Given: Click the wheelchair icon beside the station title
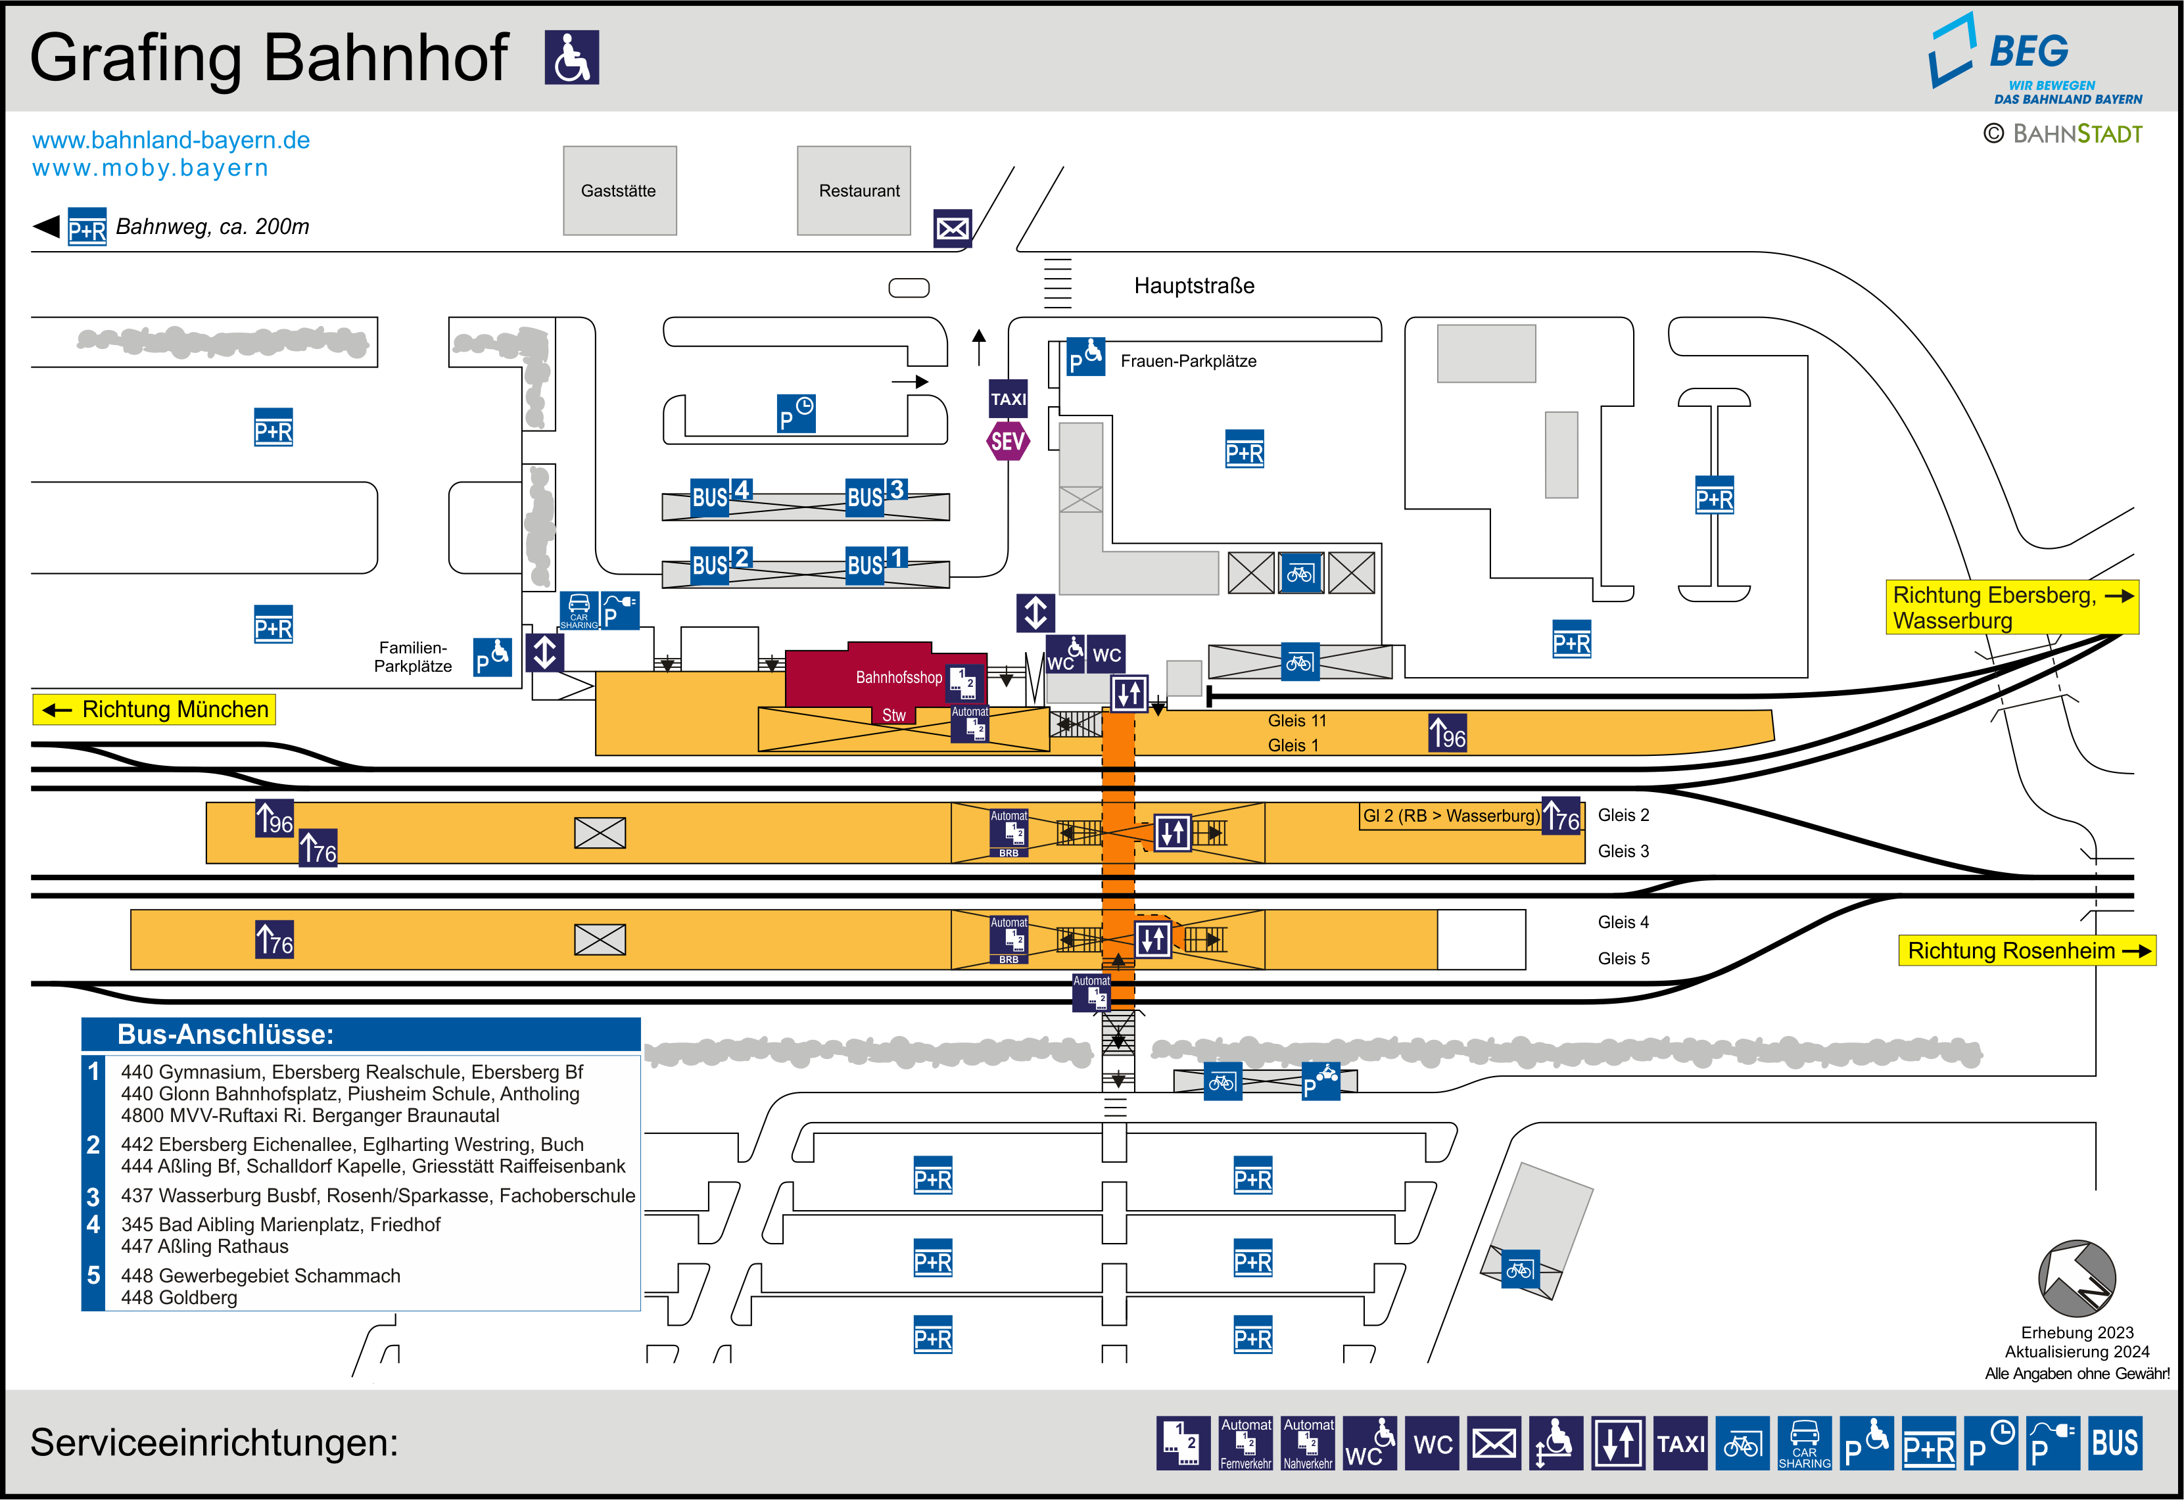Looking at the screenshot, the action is coord(571,57).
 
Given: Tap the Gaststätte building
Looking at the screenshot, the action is coord(619,190).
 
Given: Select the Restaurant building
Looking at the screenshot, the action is coord(853,190).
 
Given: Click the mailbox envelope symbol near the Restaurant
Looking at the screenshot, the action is coord(952,228).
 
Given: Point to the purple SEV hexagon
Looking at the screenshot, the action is coord(1007,441).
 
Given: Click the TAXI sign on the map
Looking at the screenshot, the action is coord(1009,398).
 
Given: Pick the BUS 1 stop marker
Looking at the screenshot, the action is coord(876,563).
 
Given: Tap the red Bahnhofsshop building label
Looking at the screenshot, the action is coord(899,676).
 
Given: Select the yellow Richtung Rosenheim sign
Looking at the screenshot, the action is coord(2027,950).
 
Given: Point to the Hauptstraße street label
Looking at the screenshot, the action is coord(1193,286).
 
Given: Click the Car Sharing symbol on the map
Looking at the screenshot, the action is coord(579,611).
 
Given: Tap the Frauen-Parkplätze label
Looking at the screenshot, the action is coord(1188,361).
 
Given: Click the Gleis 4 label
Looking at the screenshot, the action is coord(1623,922).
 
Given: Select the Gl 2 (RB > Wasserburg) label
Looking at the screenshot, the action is coord(1451,816).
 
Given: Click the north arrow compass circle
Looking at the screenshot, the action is coord(2077,1278).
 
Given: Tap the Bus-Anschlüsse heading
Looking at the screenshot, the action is coord(226,1034).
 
